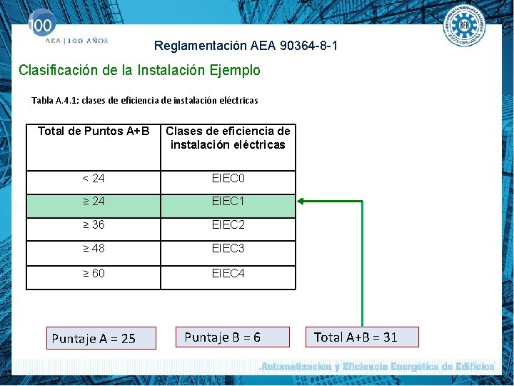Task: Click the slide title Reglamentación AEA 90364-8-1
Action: (246, 46)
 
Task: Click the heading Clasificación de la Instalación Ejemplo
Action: (139, 70)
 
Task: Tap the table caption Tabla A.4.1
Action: (145, 101)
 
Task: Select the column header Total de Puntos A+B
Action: (94, 132)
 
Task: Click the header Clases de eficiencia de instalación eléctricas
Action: (228, 138)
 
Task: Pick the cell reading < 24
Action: (94, 178)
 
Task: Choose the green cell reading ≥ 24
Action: (94, 202)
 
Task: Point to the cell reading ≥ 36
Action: (94, 225)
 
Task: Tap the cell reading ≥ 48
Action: (94, 249)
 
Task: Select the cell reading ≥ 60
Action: (94, 273)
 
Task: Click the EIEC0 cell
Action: (228, 178)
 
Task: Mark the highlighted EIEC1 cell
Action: (228, 202)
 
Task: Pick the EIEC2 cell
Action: (228, 225)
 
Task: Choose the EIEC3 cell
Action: (228, 249)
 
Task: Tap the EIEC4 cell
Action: (228, 273)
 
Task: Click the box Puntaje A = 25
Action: (101, 338)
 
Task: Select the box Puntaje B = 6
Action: (233, 337)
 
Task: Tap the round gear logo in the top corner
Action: (465, 26)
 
